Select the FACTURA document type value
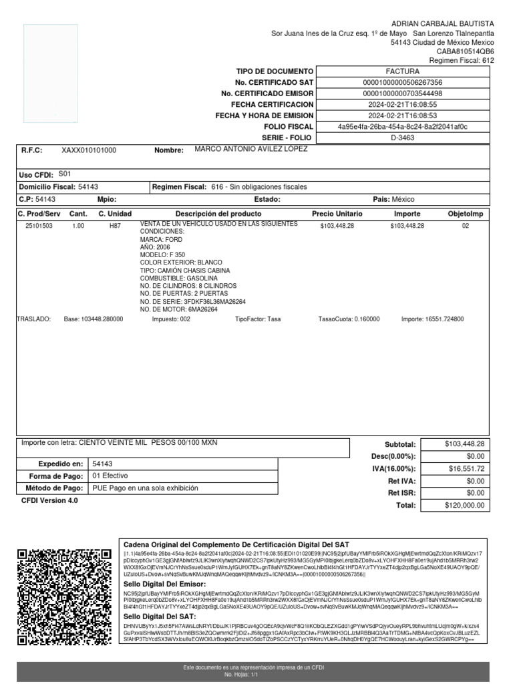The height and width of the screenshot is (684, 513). click(402, 71)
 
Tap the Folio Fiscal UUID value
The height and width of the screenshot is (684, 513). click(402, 127)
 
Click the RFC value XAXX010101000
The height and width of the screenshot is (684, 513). click(89, 151)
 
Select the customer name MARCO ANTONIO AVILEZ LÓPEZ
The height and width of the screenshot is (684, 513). click(251, 149)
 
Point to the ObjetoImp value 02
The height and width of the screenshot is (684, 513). click(466, 226)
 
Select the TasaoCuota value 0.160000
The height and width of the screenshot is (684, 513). click(349, 319)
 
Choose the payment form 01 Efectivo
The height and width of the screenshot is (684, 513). click(110, 476)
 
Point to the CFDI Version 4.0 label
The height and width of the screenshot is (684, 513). click(49, 500)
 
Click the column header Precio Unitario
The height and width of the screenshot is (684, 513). click(337, 214)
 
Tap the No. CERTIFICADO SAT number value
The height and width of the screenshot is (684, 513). click(402, 82)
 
